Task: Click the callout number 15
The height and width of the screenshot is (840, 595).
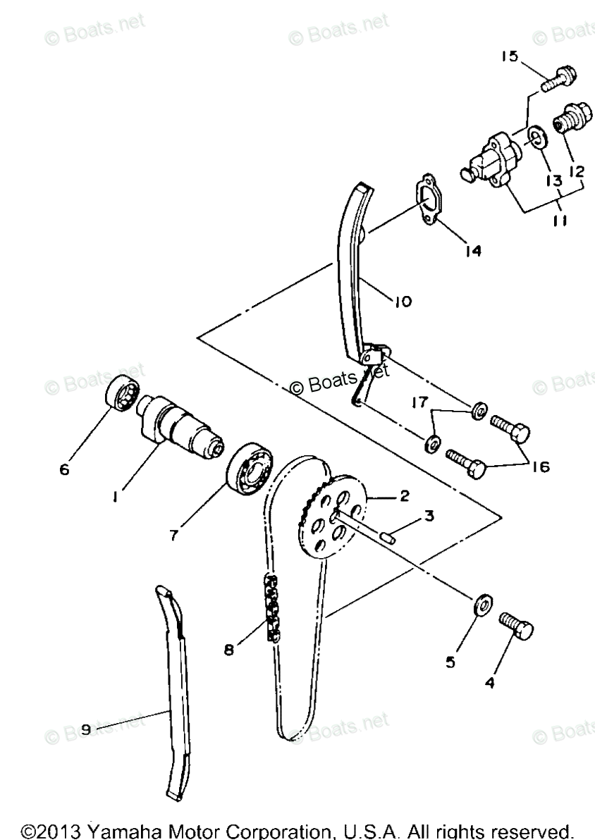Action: [510, 57]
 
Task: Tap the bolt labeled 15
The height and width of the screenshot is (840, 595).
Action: [560, 78]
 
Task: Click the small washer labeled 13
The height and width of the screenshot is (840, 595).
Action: [538, 135]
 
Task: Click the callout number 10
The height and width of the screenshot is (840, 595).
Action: [403, 302]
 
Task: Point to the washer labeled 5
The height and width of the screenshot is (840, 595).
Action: [483, 605]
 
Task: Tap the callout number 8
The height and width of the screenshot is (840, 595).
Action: [228, 650]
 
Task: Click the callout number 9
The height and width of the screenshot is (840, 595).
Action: [85, 731]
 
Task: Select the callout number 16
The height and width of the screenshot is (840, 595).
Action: [541, 467]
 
